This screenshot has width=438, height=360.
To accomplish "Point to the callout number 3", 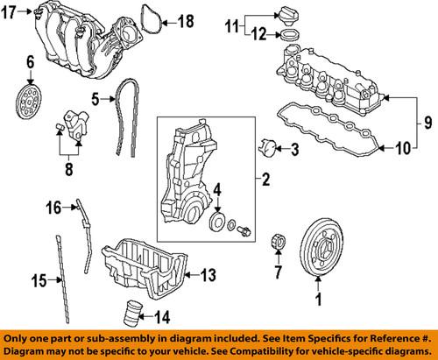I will (294, 150).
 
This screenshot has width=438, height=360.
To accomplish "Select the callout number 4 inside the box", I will (217, 210).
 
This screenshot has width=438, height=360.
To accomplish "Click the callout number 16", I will (52, 208).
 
